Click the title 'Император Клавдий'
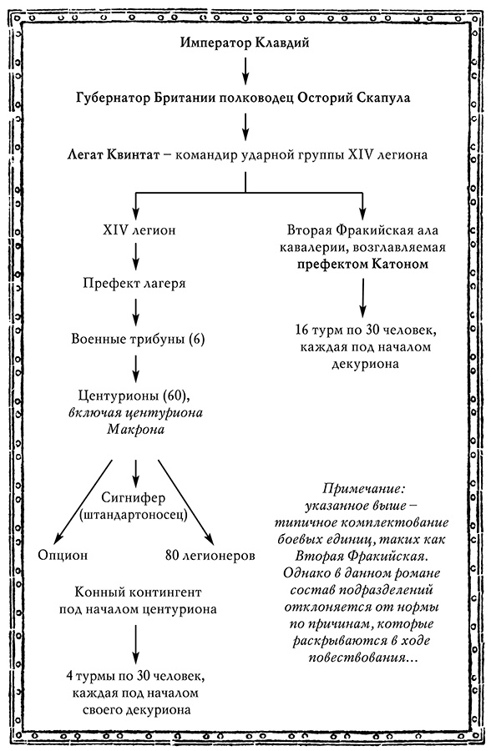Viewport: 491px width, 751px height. pyautogui.click(x=245, y=43)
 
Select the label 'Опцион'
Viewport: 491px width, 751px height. pyautogui.click(x=63, y=555)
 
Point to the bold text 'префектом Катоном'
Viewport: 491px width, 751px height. pyautogui.click(x=362, y=265)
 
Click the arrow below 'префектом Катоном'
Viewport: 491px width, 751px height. pyautogui.click(x=362, y=295)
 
